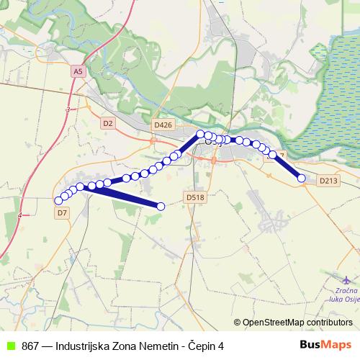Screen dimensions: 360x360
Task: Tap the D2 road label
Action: (x=108, y=123)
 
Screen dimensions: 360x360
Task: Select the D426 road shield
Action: (x=163, y=125)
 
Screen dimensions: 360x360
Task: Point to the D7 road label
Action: (x=61, y=213)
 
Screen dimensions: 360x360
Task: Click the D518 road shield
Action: (x=195, y=196)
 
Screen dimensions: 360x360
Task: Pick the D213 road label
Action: (x=328, y=181)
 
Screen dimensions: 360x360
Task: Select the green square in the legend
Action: (x=11, y=346)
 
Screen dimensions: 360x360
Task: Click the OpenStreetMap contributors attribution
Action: (x=297, y=323)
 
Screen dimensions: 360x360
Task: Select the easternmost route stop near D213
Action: (x=302, y=179)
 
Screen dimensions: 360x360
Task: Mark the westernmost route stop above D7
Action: (x=58, y=201)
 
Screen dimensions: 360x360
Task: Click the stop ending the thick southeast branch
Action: (x=161, y=207)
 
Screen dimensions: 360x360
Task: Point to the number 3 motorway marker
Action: (x=67, y=109)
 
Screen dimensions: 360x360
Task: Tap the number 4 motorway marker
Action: (x=22, y=215)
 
